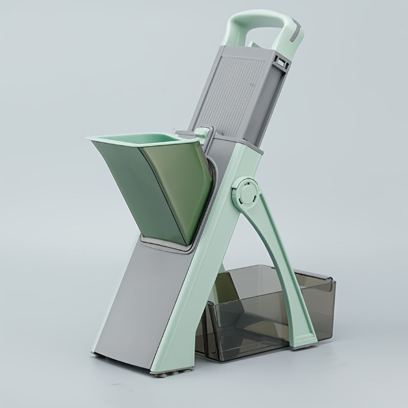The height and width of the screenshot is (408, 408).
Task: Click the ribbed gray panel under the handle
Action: (240, 97)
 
